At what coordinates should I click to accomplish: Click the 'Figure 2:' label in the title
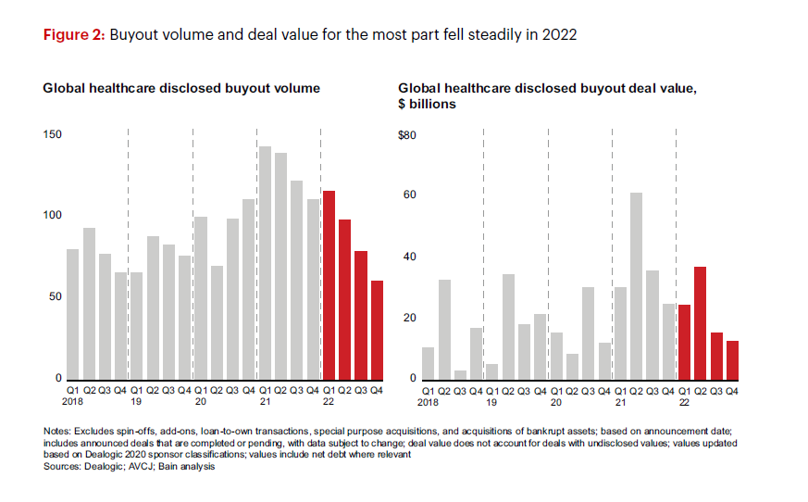[75, 35]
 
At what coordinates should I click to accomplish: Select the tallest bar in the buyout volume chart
[265, 263]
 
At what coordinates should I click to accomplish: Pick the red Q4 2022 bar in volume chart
[377, 330]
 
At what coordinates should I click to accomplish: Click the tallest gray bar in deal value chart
[637, 286]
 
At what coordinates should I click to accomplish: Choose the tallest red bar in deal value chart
[701, 323]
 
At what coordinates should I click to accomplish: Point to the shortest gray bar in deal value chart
[460, 375]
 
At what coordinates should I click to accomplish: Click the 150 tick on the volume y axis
[53, 135]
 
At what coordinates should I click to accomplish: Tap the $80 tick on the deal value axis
[407, 135]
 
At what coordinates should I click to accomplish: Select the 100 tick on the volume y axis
[53, 216]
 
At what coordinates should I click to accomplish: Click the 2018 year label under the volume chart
[73, 403]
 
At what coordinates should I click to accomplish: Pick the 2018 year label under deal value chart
[428, 403]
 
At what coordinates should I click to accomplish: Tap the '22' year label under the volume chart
[329, 403]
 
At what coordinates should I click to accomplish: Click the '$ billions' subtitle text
[428, 105]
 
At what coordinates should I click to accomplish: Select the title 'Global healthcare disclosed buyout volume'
[181, 89]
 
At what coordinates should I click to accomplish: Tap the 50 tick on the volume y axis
[56, 297]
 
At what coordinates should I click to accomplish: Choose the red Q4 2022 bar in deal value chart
[732, 360]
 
